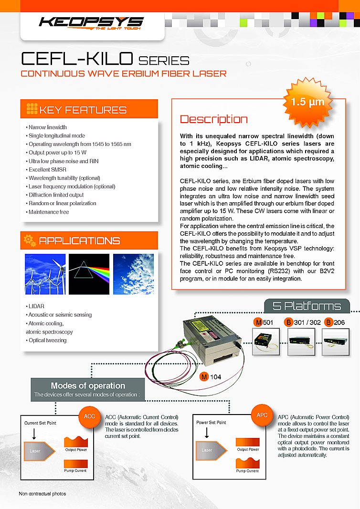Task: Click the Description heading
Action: (213, 119)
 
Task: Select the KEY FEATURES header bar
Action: (89, 109)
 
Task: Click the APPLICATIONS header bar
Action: (89, 240)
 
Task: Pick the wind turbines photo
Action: (45, 274)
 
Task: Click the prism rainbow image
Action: (89, 274)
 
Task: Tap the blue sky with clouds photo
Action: (133, 274)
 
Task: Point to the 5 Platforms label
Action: (307, 306)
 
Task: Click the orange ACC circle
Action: (89, 416)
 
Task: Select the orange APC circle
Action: (262, 416)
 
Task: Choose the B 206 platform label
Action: (335, 323)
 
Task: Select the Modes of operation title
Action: (88, 385)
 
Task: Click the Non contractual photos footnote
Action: (42, 493)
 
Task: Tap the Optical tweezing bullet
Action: (47, 340)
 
